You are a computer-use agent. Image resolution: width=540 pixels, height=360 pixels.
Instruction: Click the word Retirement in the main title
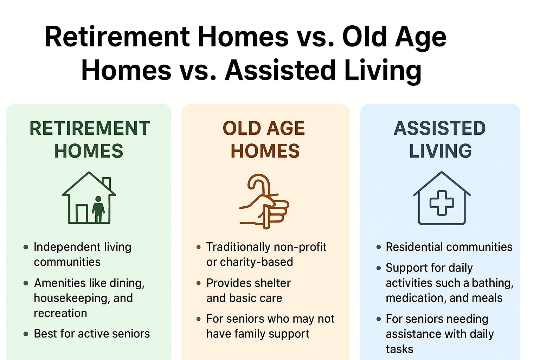coord(117,37)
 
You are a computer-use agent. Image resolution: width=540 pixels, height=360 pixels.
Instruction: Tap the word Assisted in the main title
coord(280,70)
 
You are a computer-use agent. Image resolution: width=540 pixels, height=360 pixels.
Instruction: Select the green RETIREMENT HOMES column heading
coord(90,139)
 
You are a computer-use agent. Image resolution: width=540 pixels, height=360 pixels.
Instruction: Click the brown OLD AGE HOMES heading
coord(264,139)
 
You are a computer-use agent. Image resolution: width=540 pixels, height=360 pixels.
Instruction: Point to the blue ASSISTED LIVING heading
coord(440,139)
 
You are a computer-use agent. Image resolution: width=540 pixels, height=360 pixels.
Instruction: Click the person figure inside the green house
coord(98,209)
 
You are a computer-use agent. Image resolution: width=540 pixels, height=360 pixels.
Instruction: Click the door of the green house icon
coord(82,213)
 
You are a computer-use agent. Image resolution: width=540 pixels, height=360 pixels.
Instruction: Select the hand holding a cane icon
coord(264,201)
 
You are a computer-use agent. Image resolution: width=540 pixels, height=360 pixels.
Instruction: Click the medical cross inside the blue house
coord(442,203)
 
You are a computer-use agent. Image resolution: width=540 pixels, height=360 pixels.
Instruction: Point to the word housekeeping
coord(71,298)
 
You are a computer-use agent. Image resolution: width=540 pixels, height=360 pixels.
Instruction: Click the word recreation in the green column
coord(60,313)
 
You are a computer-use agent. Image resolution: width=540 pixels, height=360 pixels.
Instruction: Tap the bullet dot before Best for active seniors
coord(26,334)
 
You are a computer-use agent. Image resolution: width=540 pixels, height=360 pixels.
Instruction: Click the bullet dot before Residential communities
coord(378,247)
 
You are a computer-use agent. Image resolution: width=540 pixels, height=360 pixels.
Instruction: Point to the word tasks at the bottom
coord(399,349)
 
